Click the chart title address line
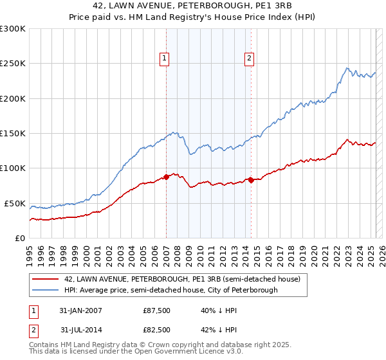[193, 6]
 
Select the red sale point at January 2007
[166, 176]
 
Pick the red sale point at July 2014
[251, 180]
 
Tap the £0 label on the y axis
[19, 238]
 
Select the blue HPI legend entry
[170, 291]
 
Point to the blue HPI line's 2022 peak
[347, 67]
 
